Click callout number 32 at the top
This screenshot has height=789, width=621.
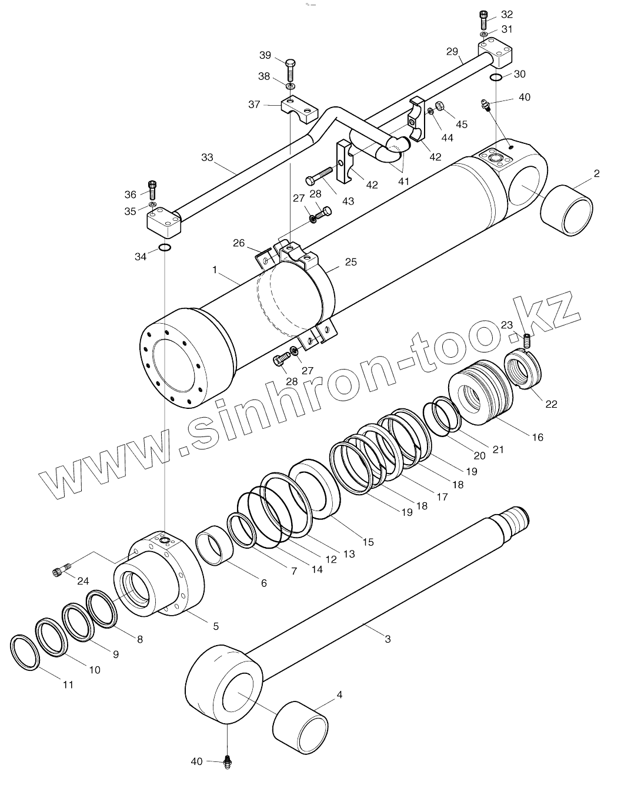(x=506, y=14)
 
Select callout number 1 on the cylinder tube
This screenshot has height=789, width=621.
(x=215, y=269)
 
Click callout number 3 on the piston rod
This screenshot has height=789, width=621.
(x=388, y=639)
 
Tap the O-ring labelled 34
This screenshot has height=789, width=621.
(x=165, y=247)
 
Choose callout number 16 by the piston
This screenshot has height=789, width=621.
(x=537, y=437)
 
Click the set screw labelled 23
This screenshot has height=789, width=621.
(x=527, y=340)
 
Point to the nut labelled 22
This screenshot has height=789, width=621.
(x=524, y=368)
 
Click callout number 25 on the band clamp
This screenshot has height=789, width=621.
(x=350, y=262)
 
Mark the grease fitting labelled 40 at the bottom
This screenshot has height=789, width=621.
(x=228, y=762)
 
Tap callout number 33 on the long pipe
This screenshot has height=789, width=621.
(x=206, y=157)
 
